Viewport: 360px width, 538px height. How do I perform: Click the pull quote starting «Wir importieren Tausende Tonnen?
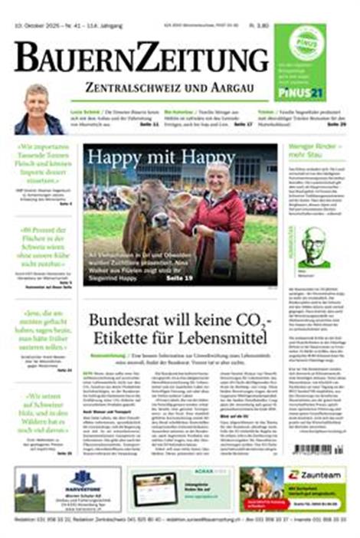[44, 162]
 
